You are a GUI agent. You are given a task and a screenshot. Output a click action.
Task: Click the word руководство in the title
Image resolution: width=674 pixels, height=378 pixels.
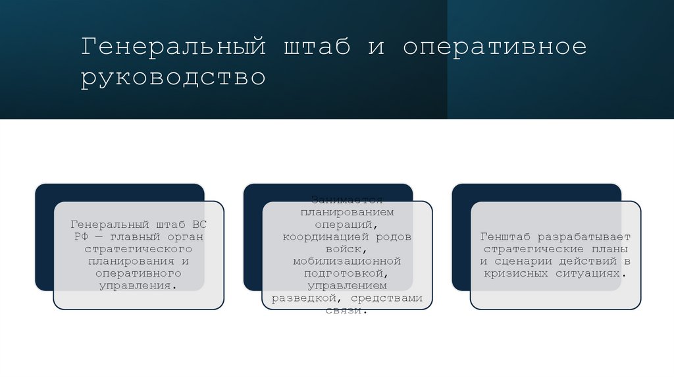tap(173, 78)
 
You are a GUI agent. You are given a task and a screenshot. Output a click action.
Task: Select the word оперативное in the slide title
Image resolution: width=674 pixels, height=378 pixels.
tap(494, 47)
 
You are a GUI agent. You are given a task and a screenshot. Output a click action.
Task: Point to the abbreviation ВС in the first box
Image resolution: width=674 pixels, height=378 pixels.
tap(199, 225)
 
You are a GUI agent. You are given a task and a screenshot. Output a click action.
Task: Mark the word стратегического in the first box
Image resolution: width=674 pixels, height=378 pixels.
tap(138, 249)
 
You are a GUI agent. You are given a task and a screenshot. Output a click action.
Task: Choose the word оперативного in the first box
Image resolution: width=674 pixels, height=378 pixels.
tap(138, 273)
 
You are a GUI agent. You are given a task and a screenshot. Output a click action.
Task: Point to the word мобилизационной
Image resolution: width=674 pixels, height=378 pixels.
tap(347, 261)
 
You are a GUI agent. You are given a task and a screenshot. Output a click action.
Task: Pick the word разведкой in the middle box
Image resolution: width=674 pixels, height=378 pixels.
tap(303, 298)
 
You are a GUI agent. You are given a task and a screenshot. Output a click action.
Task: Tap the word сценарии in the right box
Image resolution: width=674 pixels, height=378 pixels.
tap(526, 261)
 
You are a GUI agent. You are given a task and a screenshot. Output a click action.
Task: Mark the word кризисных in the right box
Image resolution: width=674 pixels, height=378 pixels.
tap(517, 273)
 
